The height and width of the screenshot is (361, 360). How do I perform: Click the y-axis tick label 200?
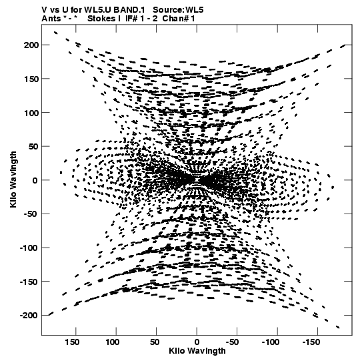coord(31,45)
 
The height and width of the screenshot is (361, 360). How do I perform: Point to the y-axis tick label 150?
coord(31,79)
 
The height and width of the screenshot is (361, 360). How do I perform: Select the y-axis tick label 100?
coord(31,113)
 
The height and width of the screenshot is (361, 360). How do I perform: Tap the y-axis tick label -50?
coord(31,214)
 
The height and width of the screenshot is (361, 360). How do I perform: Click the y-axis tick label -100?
coord(29,248)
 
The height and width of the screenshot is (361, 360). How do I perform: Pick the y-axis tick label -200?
coord(29,315)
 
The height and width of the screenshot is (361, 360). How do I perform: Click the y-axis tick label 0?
coord(35,180)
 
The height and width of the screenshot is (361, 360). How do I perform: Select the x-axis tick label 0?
coord(197,342)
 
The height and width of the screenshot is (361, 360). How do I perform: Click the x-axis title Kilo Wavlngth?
coord(197,351)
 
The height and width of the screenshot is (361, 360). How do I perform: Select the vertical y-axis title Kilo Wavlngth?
coord(13,179)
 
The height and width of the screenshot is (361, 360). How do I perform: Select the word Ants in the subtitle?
coord(51,19)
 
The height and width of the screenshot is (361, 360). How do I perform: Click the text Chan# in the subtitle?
coord(175,19)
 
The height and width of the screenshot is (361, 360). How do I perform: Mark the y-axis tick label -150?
coord(29,282)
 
